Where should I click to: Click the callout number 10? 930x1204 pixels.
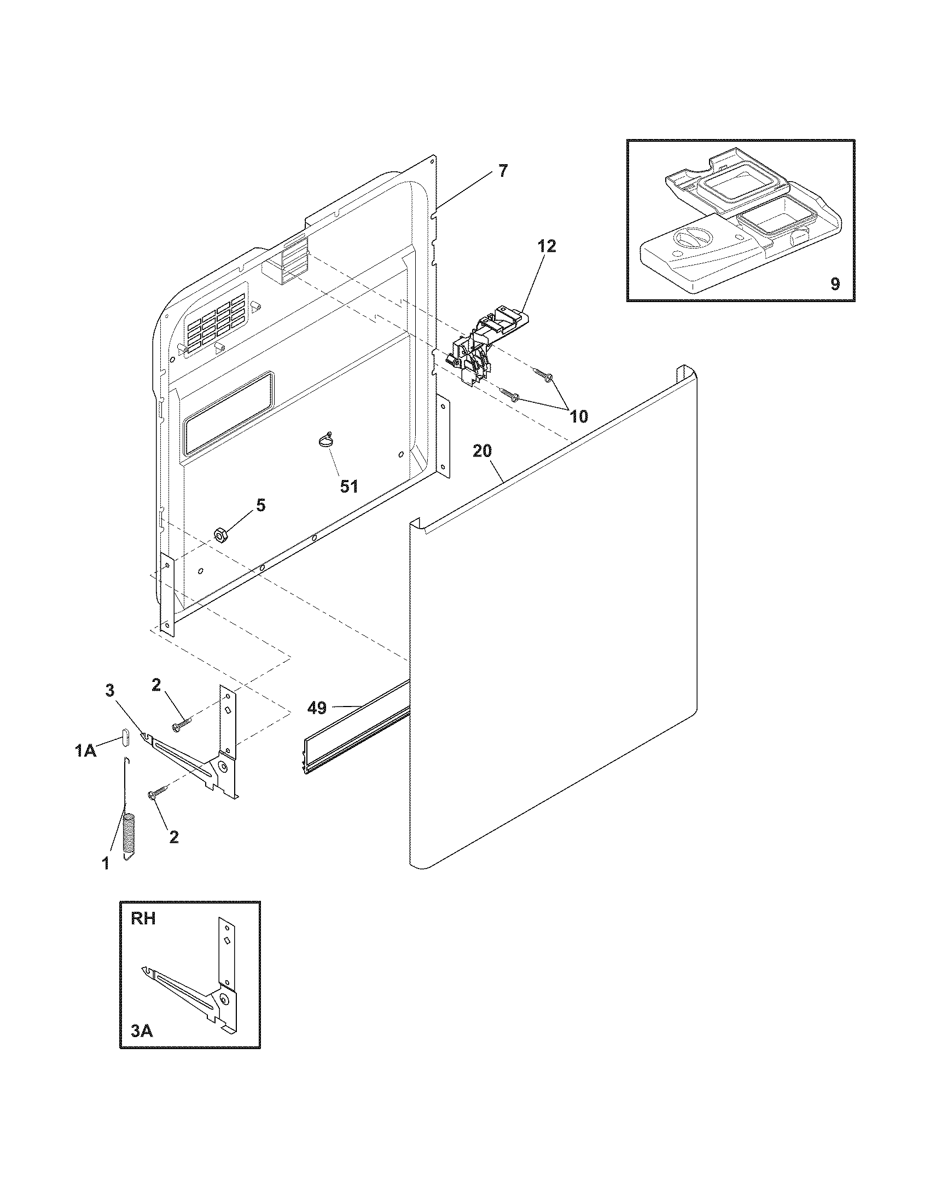[x=578, y=416]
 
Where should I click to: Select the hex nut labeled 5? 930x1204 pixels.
[x=220, y=534]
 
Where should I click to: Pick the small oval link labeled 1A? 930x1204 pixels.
[x=125, y=737]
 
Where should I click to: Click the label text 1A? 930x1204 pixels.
[x=86, y=750]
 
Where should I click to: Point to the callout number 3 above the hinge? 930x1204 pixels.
[x=109, y=689]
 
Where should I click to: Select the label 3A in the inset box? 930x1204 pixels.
[x=141, y=1031]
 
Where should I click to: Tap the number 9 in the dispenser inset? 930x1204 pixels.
[x=835, y=284]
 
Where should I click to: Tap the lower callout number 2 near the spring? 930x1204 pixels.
[x=173, y=837]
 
